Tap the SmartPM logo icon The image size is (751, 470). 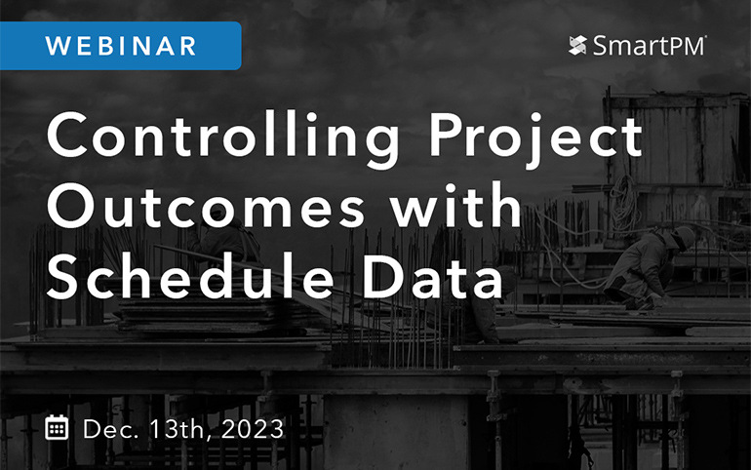[x=577, y=45]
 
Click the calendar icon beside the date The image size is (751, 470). [x=59, y=427]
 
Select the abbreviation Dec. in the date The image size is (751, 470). [x=109, y=427]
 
